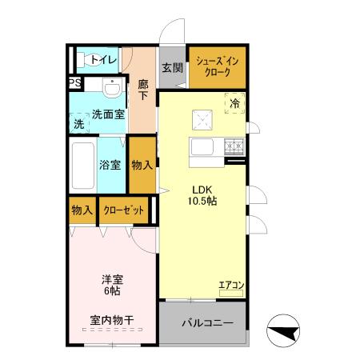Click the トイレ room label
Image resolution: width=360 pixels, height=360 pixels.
pyautogui.click(x=103, y=60)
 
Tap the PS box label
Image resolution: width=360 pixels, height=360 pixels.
pyautogui.click(x=74, y=82)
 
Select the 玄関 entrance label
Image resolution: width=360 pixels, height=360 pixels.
pyautogui.click(x=171, y=68)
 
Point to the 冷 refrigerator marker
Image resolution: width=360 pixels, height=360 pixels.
pyautogui.click(x=235, y=103)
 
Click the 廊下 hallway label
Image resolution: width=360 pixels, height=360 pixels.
pyautogui.click(x=143, y=90)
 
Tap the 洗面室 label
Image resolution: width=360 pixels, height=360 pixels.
pyautogui.click(x=107, y=114)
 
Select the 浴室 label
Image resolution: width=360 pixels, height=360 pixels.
pyautogui.click(x=110, y=165)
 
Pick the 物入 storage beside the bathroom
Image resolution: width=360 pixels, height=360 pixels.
pyautogui.click(x=142, y=165)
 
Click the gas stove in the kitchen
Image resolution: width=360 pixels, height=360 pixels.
pyautogui.click(x=234, y=147)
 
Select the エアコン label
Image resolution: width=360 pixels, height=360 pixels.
pyautogui.click(x=231, y=284)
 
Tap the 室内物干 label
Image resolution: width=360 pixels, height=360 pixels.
pyautogui.click(x=111, y=321)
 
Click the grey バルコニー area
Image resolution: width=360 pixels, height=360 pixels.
pyautogui.click(x=206, y=323)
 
